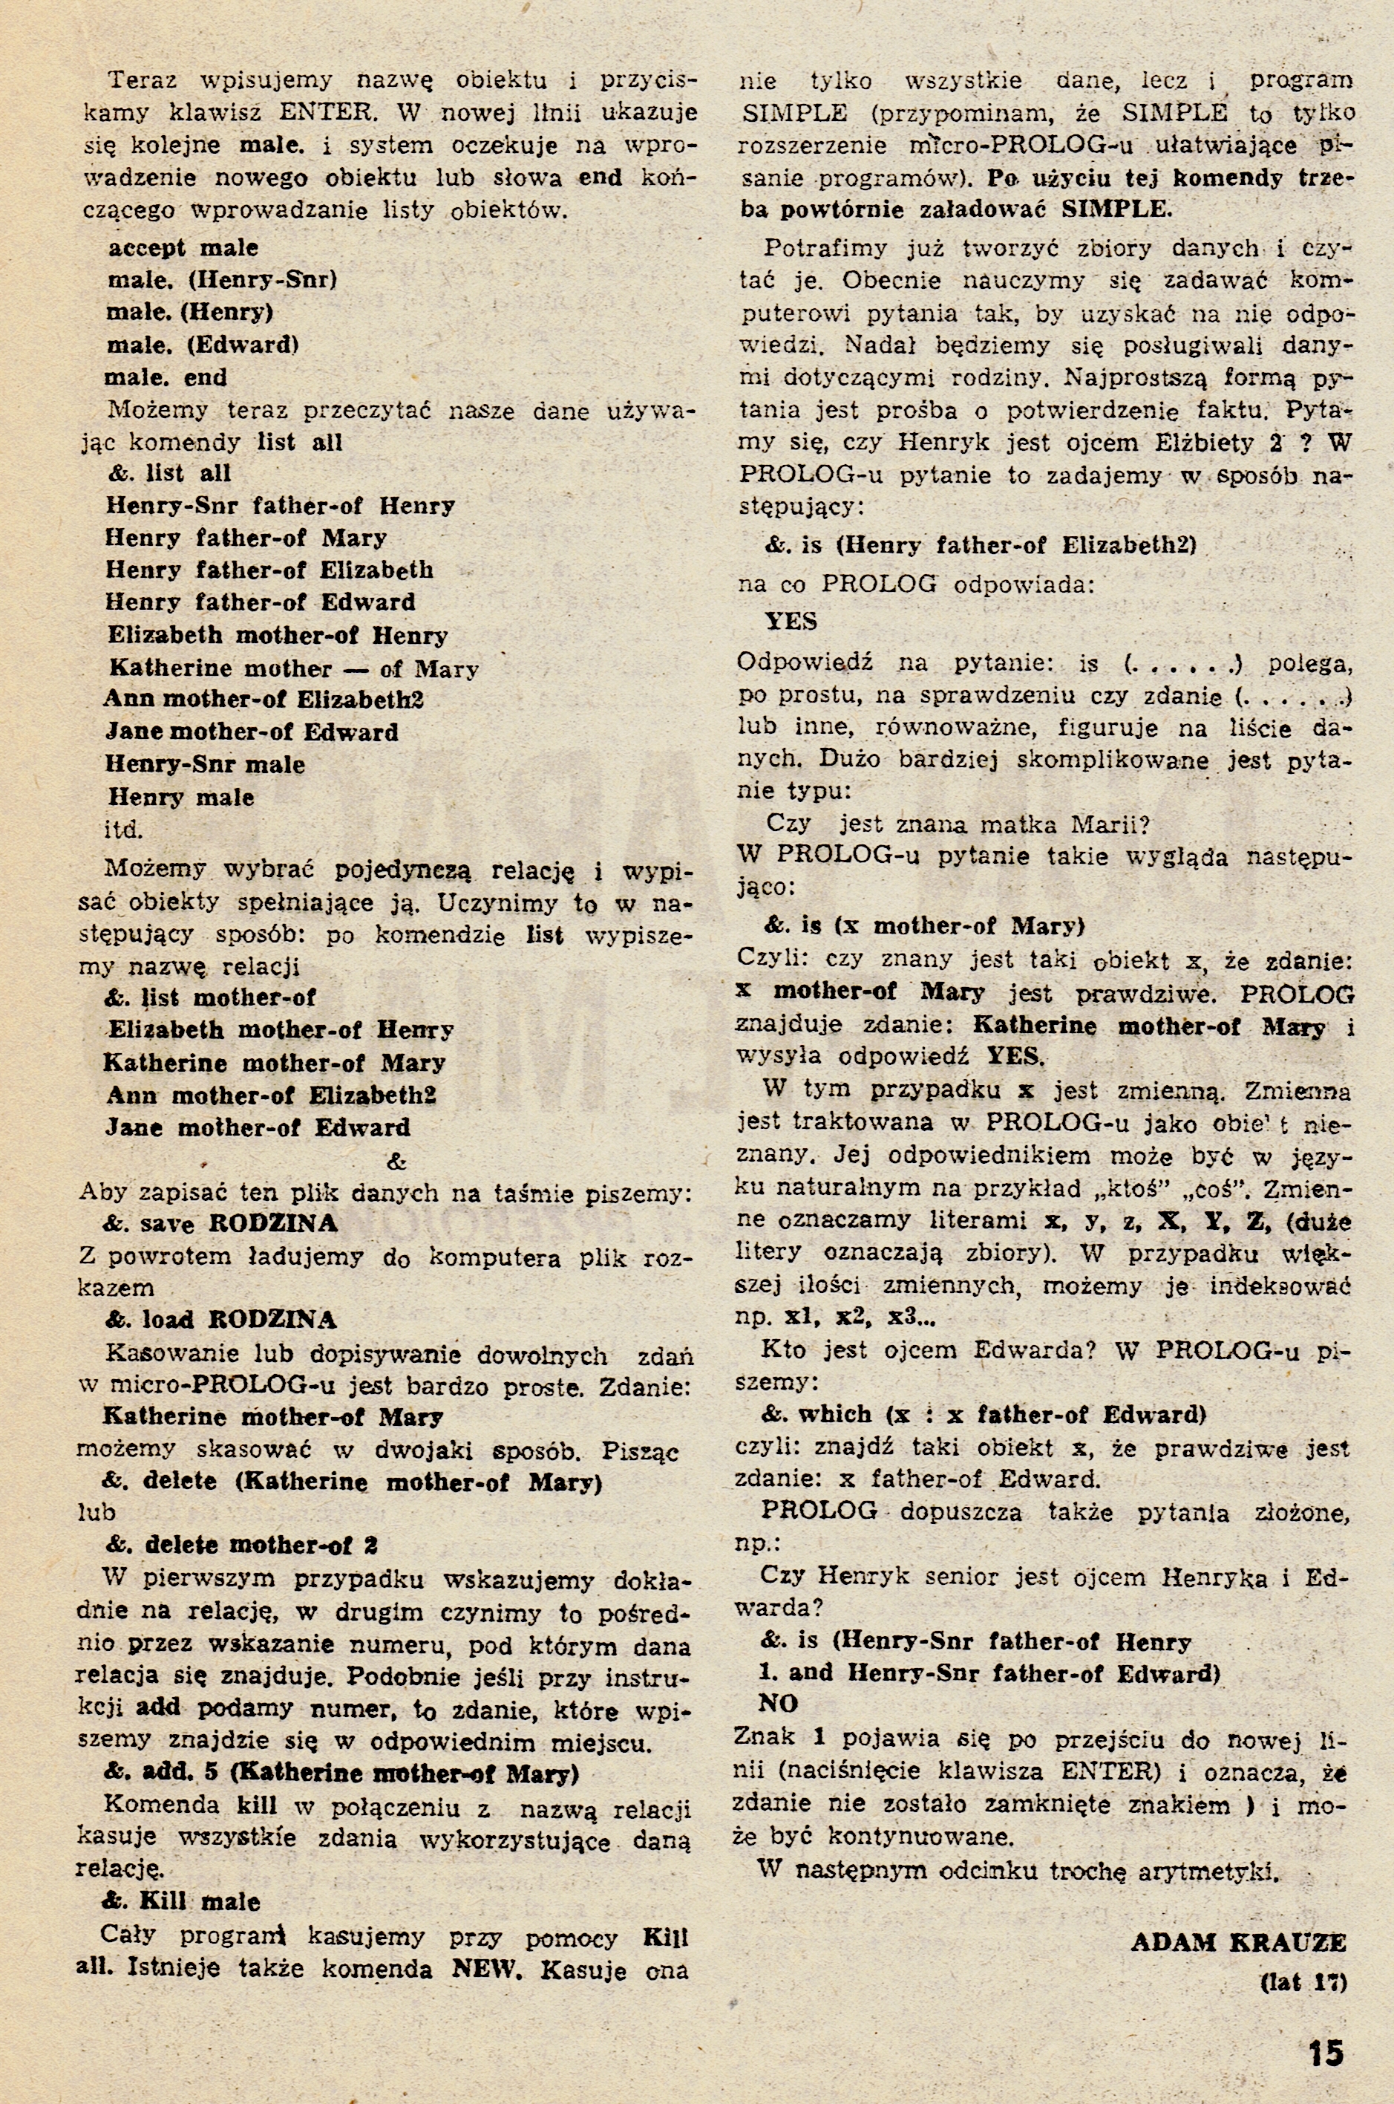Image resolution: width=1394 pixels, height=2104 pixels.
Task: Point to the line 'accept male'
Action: (183, 248)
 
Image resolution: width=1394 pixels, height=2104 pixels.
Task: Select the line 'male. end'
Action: (166, 377)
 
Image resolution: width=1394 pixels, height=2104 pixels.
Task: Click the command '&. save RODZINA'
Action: (220, 1224)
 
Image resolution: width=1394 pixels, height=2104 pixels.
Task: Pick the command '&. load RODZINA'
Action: (220, 1319)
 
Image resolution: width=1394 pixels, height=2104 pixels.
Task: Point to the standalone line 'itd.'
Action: (123, 829)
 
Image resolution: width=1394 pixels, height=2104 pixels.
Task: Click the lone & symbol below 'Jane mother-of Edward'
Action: (396, 1162)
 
